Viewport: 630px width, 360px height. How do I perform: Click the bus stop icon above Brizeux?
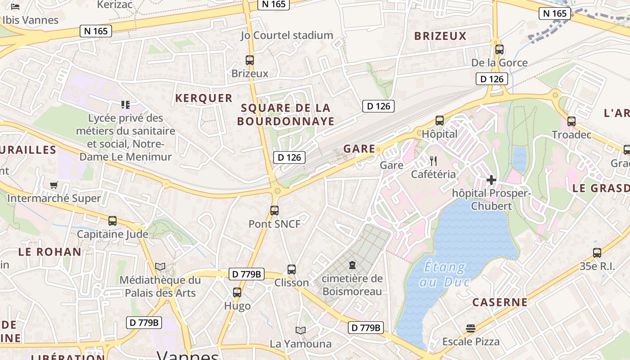coord(249,60)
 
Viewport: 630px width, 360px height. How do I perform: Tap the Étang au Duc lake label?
coord(445,274)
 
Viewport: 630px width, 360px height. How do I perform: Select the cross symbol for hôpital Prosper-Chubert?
coord(491,180)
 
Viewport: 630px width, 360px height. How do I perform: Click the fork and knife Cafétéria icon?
coord(433,161)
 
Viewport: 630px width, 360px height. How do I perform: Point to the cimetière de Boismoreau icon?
coord(352,265)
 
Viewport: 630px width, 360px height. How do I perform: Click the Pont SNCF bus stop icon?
coord(274,210)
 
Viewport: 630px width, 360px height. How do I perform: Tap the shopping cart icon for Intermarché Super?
coord(54,185)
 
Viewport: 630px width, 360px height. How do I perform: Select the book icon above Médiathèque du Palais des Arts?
coord(160,266)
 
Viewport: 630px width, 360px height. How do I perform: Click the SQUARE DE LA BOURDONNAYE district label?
coord(286,114)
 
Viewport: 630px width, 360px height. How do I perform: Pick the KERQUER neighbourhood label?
coord(204,98)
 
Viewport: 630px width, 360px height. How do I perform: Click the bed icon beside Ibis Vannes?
coord(16,7)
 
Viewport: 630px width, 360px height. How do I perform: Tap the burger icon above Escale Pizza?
coord(471,328)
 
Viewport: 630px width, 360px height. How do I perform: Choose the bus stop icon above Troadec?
coord(571,121)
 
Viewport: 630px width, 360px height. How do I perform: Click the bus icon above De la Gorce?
coord(499,49)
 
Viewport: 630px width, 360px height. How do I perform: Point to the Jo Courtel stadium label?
coord(287,35)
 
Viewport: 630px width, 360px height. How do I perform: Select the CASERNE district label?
coord(499,302)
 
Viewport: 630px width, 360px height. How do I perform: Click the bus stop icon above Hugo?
coord(237,292)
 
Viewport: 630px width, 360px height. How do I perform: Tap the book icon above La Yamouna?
coord(301,331)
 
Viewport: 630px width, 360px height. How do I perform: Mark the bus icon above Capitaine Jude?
coord(112,221)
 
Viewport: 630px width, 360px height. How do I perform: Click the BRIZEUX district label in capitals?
coord(440,36)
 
